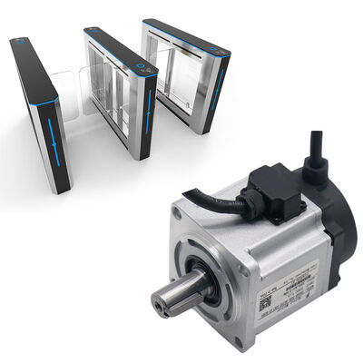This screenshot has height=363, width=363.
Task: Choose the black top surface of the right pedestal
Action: click(186, 32)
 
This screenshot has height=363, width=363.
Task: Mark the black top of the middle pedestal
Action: click(113, 47)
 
